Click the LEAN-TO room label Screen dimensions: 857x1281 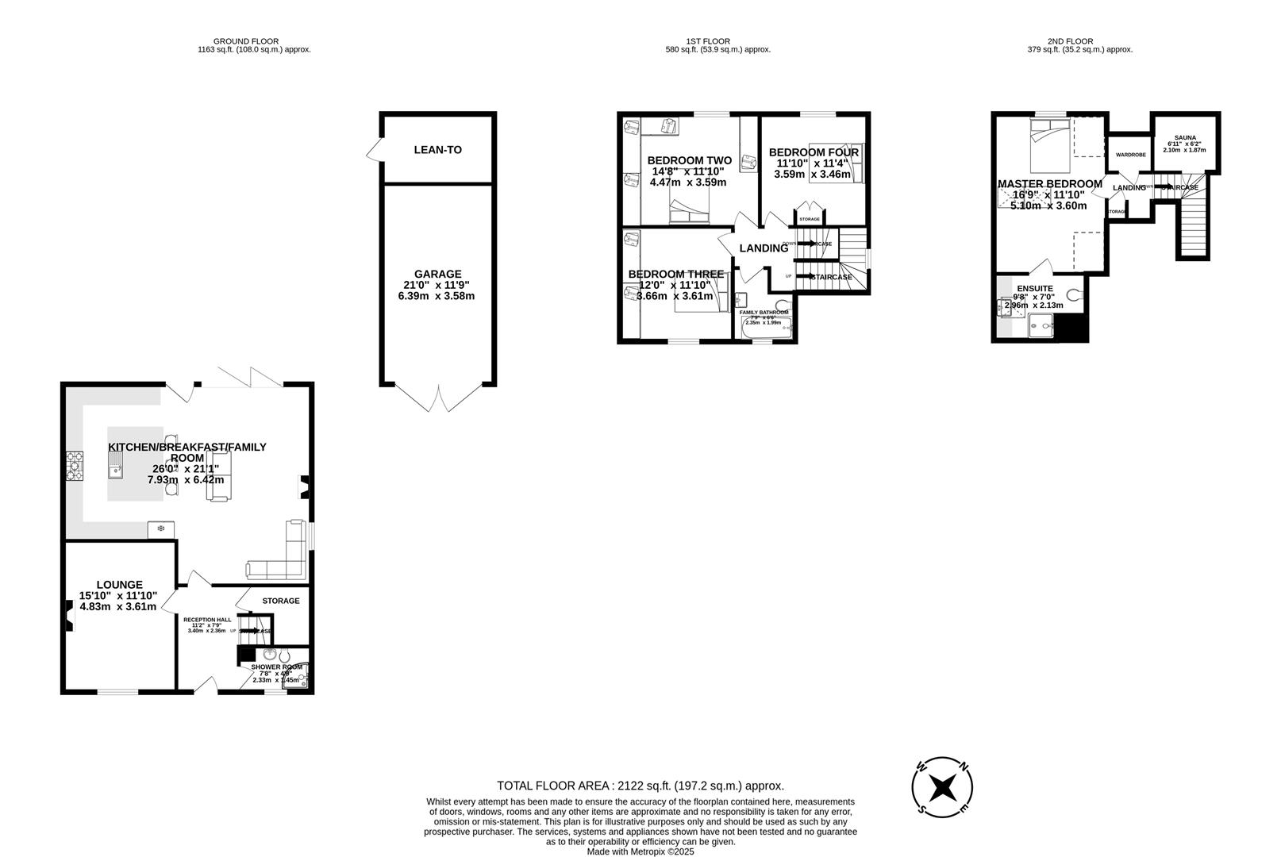[437, 150]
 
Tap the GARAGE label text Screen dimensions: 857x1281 [437, 275]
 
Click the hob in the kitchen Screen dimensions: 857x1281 [74, 466]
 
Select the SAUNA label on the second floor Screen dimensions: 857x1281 [1185, 137]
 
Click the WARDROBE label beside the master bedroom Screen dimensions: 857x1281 [1130, 155]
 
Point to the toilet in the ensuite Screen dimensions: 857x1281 [1075, 295]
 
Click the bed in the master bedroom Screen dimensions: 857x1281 [1050, 145]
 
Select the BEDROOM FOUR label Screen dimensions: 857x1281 [814, 152]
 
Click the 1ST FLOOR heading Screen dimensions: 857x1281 [708, 41]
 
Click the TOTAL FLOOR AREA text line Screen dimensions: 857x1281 [640, 786]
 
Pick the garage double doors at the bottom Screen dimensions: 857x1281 [437, 398]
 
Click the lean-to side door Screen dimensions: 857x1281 [374, 149]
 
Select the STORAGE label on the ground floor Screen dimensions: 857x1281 [281, 601]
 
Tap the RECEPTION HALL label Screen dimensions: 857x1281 [207, 619]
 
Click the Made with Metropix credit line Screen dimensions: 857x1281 [640, 851]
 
